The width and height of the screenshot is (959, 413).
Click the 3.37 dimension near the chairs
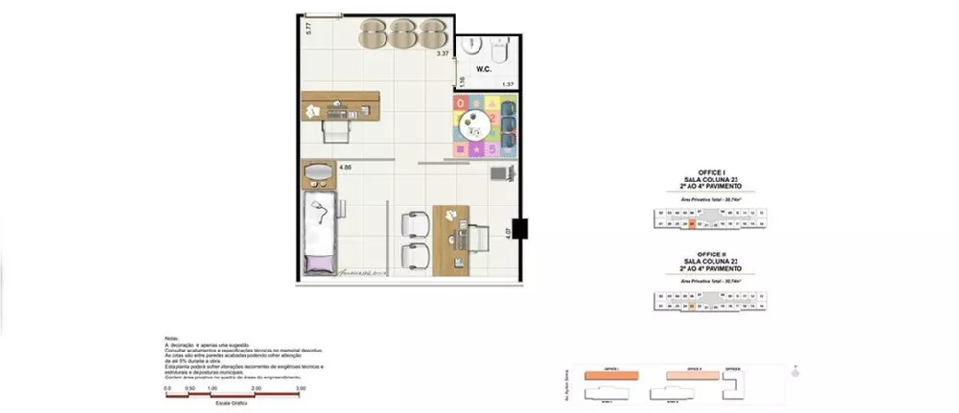coord(442,55)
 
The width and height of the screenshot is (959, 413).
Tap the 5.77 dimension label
coord(308,28)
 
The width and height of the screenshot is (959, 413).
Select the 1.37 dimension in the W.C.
coord(509,85)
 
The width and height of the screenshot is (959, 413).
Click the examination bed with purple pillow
coord(320,231)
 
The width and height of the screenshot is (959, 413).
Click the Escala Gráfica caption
coord(235,403)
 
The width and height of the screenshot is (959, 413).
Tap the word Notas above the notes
coord(172,337)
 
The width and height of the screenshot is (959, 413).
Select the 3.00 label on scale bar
coord(300,388)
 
